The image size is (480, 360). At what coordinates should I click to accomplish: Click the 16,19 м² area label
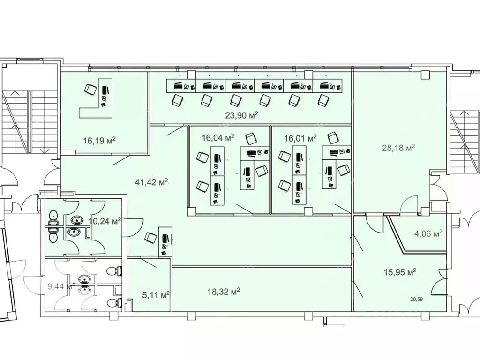[99, 141]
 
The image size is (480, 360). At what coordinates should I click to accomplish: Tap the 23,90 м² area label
[241, 115]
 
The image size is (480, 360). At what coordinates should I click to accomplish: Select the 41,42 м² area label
[151, 182]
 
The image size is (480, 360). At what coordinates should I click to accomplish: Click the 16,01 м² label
[300, 138]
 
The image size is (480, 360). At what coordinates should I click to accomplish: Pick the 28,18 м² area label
[398, 148]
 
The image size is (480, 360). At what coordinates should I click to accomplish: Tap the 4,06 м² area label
[428, 233]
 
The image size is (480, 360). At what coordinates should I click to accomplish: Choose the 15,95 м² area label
[400, 272]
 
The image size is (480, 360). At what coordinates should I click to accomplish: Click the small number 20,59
[417, 299]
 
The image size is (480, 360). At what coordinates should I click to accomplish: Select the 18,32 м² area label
[224, 292]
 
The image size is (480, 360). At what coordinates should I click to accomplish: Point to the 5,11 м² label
[156, 295]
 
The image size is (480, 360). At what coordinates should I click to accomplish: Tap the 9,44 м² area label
[61, 286]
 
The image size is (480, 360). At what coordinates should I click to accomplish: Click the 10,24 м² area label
[105, 220]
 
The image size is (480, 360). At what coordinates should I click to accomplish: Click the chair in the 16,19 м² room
[90, 90]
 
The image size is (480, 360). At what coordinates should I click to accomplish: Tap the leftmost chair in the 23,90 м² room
[177, 100]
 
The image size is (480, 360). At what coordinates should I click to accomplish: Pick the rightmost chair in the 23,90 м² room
[323, 100]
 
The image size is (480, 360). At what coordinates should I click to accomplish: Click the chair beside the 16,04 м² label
[251, 139]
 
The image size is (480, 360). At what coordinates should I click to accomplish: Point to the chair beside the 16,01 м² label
[333, 138]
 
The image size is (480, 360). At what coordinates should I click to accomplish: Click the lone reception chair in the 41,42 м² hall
[150, 238]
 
